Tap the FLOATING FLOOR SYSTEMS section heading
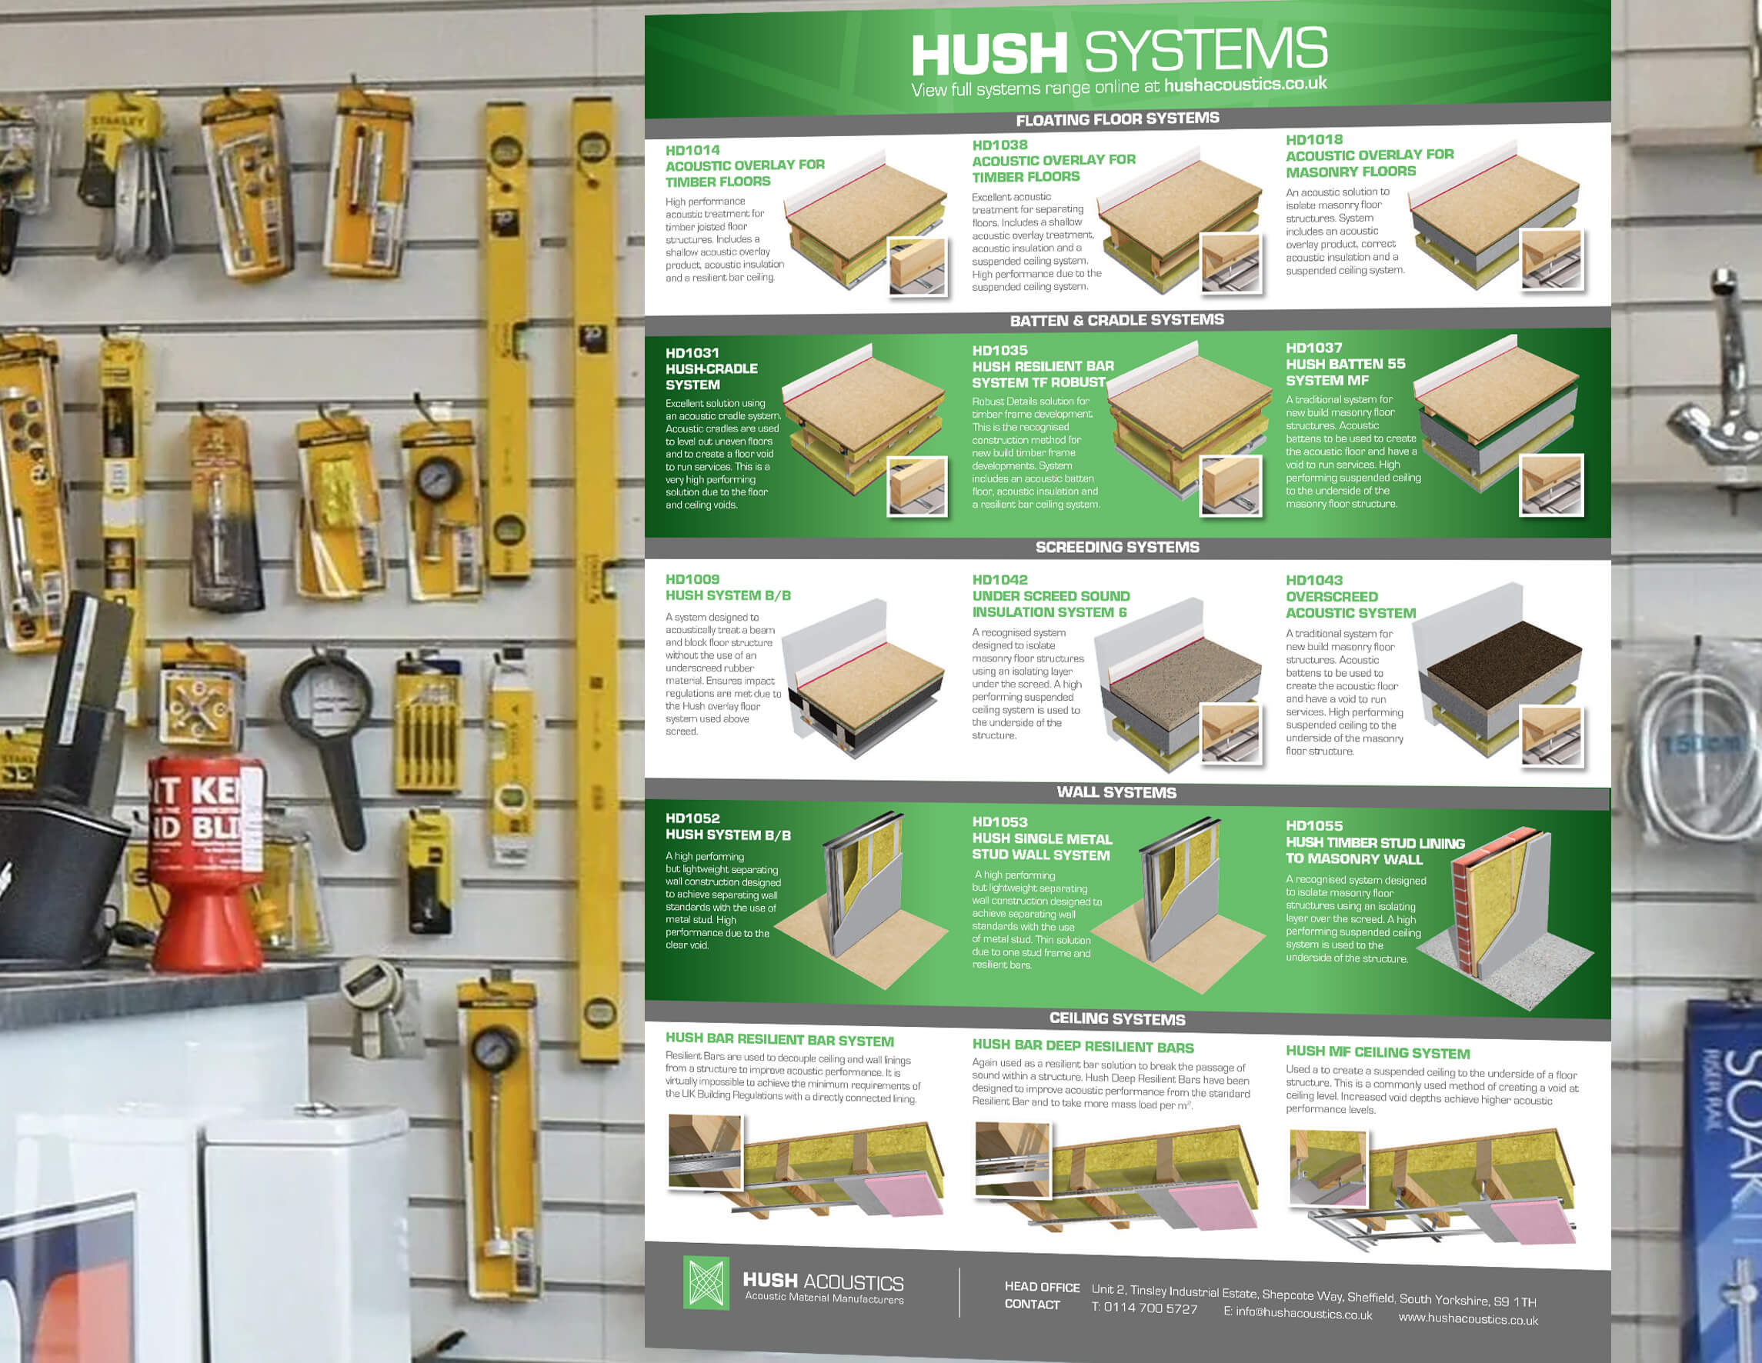[x=1117, y=119]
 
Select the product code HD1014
[x=692, y=150]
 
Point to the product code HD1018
[x=1314, y=139]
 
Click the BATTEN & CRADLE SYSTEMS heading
[x=1116, y=320]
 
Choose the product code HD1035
[x=999, y=350]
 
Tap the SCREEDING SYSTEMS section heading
[x=1117, y=547]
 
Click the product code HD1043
[x=1314, y=580]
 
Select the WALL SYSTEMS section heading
[x=1116, y=792]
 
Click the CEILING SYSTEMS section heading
[x=1117, y=1018]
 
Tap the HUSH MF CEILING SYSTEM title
[x=1378, y=1051]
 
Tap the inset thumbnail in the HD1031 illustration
[x=917, y=485]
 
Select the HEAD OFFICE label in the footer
[x=1042, y=1287]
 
